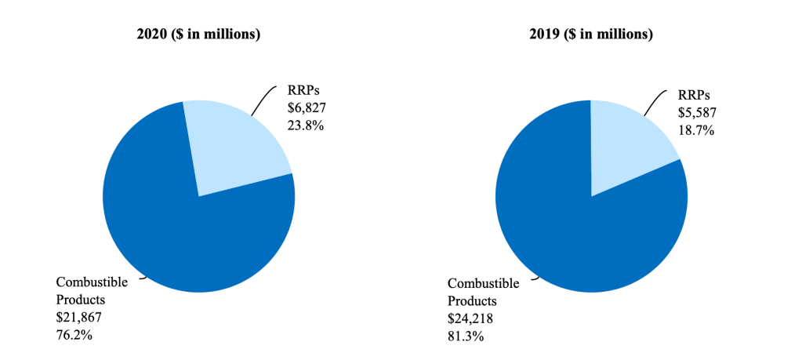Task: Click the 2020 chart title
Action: pos(198,35)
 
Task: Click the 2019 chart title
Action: pos(590,35)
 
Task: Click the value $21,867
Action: pos(79,318)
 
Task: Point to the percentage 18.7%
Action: pos(695,130)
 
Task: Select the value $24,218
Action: pos(470,318)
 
